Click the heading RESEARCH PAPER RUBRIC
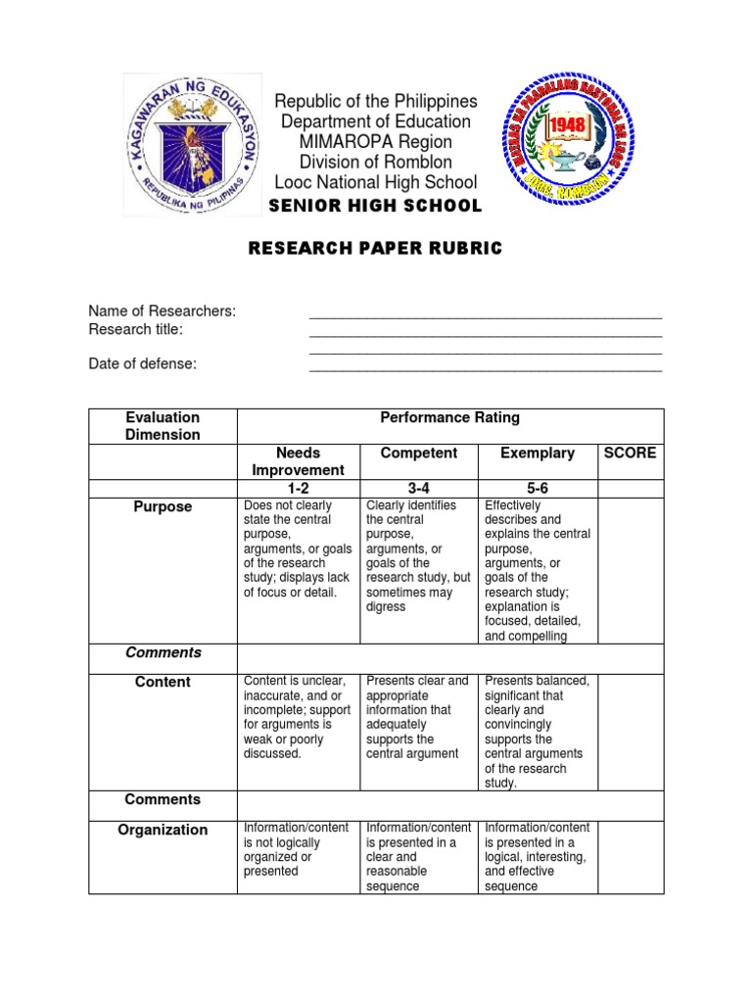click(376, 249)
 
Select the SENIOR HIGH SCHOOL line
click(376, 206)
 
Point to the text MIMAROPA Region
click(376, 142)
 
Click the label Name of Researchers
click(163, 311)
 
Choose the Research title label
click(136, 329)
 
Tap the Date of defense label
click(143, 363)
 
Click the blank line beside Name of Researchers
click(486, 316)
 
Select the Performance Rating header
click(449, 417)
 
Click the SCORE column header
click(631, 453)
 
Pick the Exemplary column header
click(537, 453)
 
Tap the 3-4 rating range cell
click(417, 488)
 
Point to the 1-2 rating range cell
click(298, 488)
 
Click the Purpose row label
click(164, 506)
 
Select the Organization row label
click(163, 830)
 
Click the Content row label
click(164, 682)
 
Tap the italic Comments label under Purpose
click(164, 652)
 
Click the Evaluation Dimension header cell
click(164, 426)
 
